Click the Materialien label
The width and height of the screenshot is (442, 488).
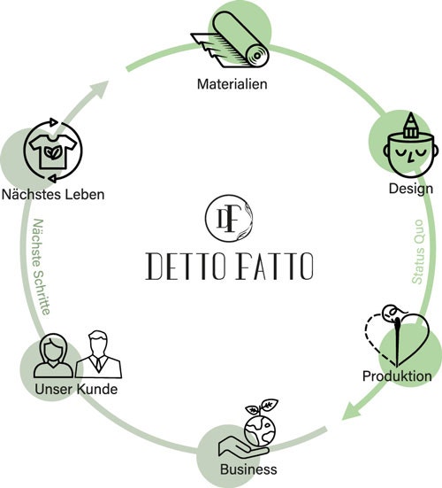click(232, 84)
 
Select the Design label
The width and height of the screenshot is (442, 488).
click(411, 189)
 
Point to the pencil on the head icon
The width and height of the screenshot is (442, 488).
click(411, 125)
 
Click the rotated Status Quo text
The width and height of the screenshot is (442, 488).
click(418, 252)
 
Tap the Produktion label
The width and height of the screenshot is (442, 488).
click(397, 376)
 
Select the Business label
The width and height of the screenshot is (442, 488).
click(248, 469)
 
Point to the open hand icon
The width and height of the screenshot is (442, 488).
click(243, 448)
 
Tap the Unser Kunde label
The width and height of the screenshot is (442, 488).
click(76, 389)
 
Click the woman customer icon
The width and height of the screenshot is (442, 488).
click(53, 355)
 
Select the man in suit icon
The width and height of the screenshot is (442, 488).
click(98, 354)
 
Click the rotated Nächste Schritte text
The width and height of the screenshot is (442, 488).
click(42, 267)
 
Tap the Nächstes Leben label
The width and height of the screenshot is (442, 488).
click(53, 195)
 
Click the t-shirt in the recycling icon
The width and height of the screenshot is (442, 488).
click(53, 151)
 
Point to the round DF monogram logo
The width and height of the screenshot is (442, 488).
click(229, 218)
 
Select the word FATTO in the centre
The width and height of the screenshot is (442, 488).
click(275, 266)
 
